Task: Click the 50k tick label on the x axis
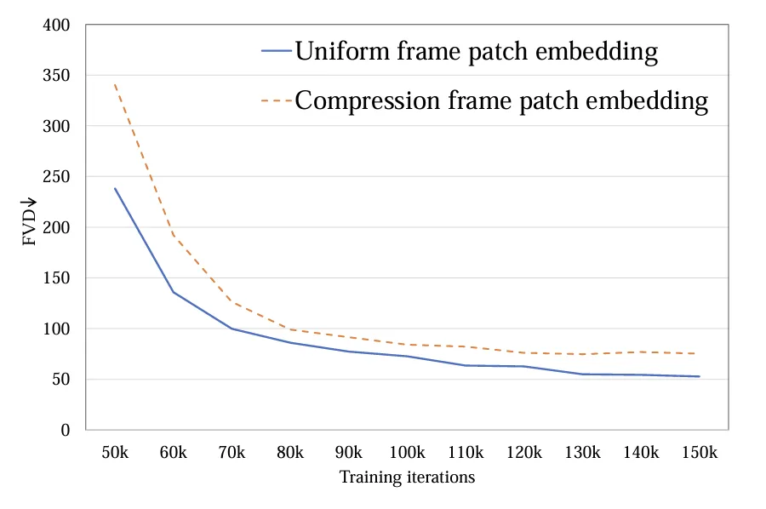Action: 114,452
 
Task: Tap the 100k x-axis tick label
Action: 407,452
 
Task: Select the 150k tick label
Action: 699,452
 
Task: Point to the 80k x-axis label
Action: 289,452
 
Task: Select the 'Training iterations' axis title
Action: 407,478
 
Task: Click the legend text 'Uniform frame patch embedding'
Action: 476,51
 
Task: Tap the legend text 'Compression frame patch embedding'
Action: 501,100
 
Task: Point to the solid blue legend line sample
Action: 276,52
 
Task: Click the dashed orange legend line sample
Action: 276,101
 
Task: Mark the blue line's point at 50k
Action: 114,188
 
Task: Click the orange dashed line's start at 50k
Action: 114,85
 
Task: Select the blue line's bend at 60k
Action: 173,293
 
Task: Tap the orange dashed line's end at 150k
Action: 699,353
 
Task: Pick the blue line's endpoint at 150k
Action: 699,376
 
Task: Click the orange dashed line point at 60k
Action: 173,235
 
